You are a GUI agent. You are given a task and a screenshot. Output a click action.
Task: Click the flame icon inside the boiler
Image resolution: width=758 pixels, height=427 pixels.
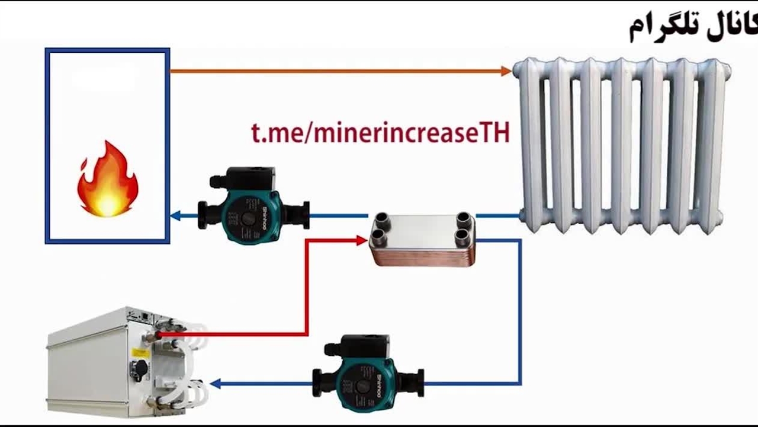point(107,179)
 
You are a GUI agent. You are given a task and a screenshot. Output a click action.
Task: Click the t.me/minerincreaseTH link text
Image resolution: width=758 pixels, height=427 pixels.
point(380,133)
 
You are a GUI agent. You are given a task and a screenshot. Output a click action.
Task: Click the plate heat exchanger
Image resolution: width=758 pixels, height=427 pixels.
point(422,239)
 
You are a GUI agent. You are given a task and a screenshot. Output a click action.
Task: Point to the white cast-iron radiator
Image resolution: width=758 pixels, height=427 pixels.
point(622,142)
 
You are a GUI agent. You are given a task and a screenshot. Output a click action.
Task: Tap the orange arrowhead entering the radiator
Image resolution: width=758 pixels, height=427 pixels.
point(506,71)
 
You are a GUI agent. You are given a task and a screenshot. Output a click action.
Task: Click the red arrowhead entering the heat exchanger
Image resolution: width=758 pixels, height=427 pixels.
point(361,240)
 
